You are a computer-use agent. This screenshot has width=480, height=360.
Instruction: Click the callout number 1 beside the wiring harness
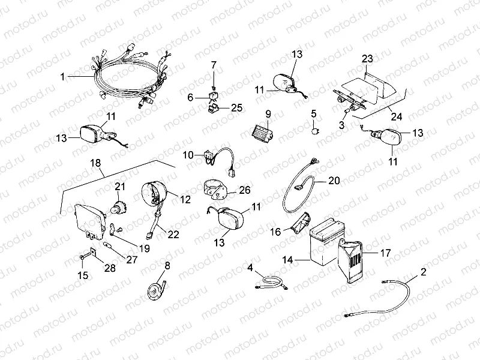click(x=62, y=77)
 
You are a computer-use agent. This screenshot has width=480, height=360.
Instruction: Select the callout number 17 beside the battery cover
click(x=385, y=253)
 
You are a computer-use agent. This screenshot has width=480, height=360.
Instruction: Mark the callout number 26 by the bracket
click(x=244, y=191)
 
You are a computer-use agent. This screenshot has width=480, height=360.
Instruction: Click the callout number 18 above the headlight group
click(x=95, y=163)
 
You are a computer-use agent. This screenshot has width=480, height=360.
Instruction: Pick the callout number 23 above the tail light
click(x=367, y=59)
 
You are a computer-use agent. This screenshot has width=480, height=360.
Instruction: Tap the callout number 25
click(x=236, y=107)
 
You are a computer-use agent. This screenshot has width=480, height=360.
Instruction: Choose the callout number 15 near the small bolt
click(x=82, y=275)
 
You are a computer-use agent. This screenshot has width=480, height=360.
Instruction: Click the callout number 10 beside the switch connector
click(x=188, y=155)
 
